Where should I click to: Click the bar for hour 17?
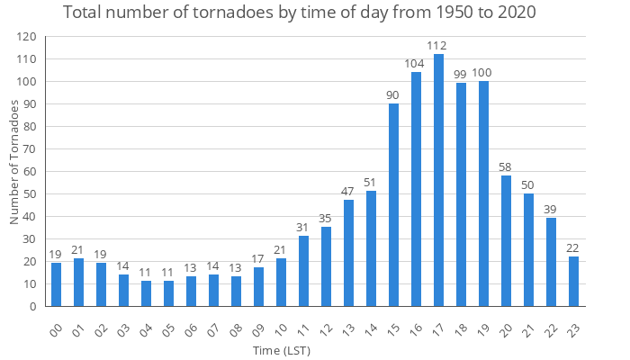[438, 180]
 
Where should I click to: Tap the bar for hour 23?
[573, 282]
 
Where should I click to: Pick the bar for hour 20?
[506, 241]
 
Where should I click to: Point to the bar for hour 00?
[56, 284]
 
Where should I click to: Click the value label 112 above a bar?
[438, 46]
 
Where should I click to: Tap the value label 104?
[416, 64]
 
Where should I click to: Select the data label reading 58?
[506, 167]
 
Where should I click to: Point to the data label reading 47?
[348, 192]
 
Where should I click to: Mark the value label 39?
[551, 210]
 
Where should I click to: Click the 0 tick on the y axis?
[32, 307]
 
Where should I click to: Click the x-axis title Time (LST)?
[282, 349]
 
